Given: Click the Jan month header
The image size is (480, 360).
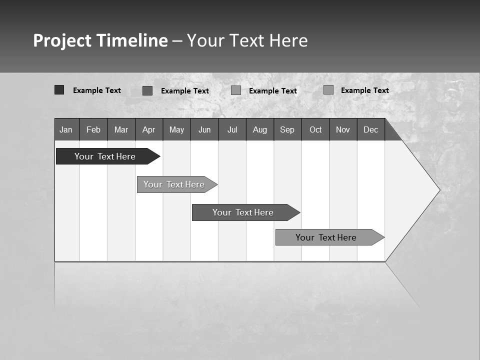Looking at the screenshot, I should point(66,129).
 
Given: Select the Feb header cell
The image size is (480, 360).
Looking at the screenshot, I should point(93,129).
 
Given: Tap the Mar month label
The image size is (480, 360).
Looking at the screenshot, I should point(121,129).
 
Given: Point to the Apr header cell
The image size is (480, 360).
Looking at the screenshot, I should point(148,129).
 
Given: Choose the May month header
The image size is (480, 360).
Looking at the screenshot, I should point(176,129).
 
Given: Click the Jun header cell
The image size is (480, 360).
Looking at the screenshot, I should point(204,129).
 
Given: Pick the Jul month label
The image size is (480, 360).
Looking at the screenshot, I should point(232,129).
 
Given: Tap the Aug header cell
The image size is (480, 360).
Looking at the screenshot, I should point(260,129).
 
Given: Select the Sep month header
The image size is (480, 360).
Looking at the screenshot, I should point(287,129).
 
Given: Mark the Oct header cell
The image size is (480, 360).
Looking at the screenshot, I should point(315,129).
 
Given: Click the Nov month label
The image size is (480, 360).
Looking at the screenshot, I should point(343,129).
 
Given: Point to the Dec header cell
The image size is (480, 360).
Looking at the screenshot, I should point(370,129).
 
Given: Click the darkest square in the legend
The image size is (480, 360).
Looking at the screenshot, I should point(59,90).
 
